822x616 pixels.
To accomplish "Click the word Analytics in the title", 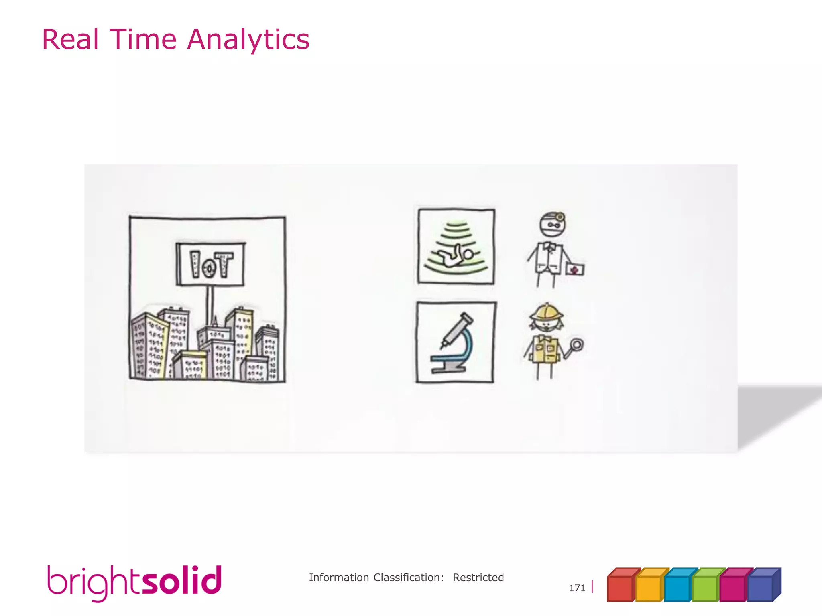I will (248, 40).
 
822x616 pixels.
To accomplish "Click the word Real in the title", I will (70, 40).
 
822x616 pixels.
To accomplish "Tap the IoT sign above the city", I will (210, 264).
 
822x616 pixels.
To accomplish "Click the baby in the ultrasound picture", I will (456, 257).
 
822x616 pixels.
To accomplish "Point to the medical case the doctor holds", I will (575, 269).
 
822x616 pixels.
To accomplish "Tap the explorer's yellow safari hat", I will (547, 311).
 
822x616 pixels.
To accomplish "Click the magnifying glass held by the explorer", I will (576, 345).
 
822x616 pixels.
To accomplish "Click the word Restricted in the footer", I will (478, 577).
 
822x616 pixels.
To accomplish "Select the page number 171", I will (577, 588).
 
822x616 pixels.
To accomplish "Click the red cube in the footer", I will (621, 587).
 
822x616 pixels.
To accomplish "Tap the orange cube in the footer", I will (649, 587).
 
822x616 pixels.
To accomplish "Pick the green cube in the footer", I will (705, 587).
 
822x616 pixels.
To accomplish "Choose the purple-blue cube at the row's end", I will (761, 587).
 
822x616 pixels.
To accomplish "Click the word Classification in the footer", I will (408, 577).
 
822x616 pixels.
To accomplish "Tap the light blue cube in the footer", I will (677, 587).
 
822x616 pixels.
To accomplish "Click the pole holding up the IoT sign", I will (210, 305).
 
